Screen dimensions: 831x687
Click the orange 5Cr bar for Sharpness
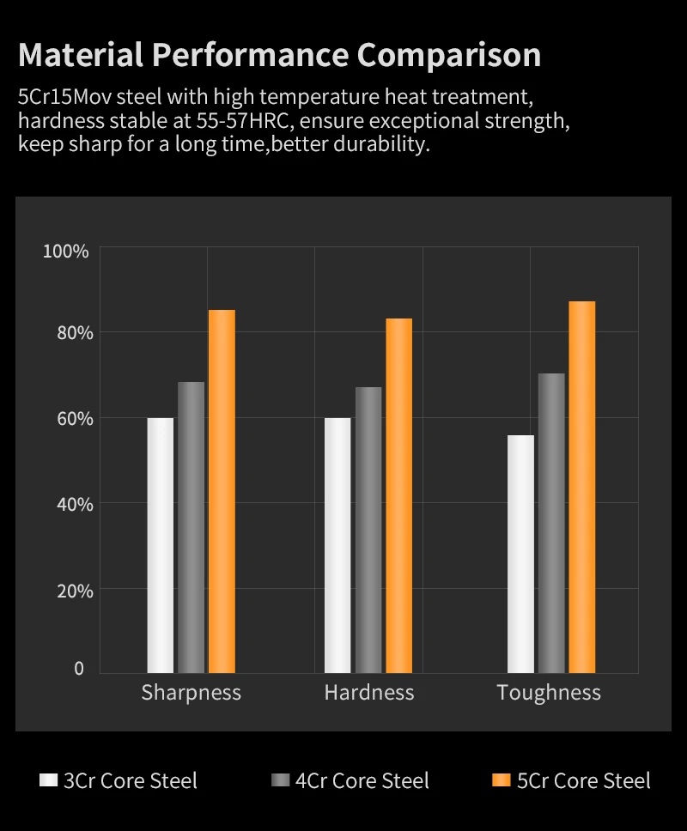[222, 491]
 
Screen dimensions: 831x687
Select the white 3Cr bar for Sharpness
[161, 545]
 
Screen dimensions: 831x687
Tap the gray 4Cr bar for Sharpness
[192, 527]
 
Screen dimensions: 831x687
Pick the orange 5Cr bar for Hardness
[398, 495]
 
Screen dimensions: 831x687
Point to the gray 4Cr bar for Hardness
[368, 530]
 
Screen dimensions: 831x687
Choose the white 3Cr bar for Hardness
[337, 545]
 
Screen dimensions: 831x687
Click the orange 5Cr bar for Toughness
[581, 487]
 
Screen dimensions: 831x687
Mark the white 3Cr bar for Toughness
[520, 554]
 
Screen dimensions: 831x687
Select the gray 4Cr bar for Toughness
[551, 523]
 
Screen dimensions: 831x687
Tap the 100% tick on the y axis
[66, 252]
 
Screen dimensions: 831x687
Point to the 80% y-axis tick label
[68, 333]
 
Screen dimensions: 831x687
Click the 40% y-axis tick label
[68, 504]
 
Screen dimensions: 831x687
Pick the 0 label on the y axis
[79, 669]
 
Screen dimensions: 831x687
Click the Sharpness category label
[191, 693]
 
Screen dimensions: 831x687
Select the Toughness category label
[549, 693]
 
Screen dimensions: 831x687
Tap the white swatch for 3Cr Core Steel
[49, 780]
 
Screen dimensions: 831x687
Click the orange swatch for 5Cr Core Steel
[502, 780]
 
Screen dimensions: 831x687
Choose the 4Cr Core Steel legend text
[362, 780]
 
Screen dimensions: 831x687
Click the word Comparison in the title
[449, 54]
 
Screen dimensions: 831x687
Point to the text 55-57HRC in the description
[226, 119]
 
